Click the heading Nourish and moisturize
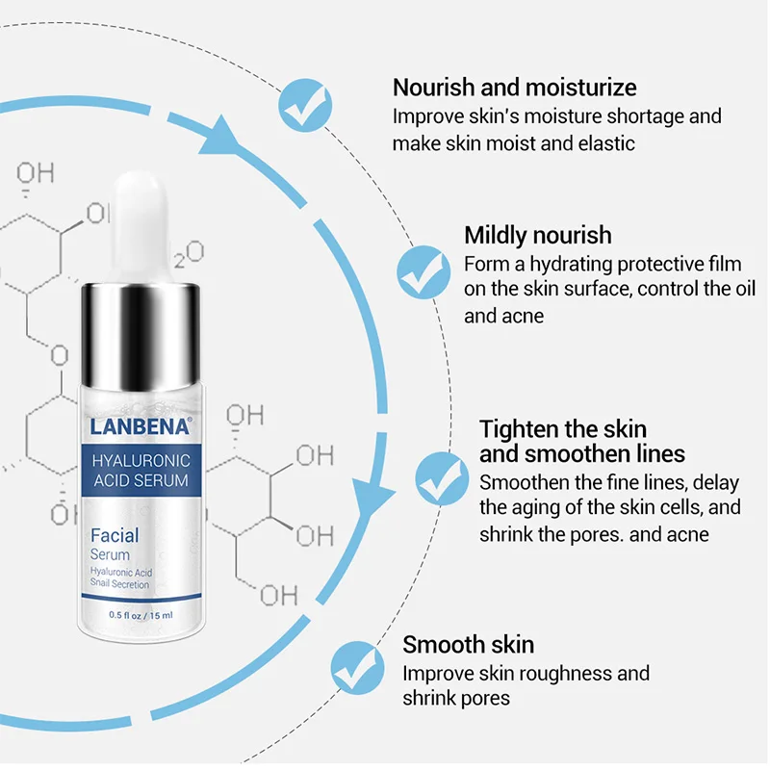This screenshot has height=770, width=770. point(514,88)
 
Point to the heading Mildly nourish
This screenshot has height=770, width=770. point(537,235)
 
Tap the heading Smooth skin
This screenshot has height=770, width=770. point(468,645)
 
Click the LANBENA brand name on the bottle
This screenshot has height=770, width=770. point(134,421)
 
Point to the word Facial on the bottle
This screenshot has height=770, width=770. point(115,534)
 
